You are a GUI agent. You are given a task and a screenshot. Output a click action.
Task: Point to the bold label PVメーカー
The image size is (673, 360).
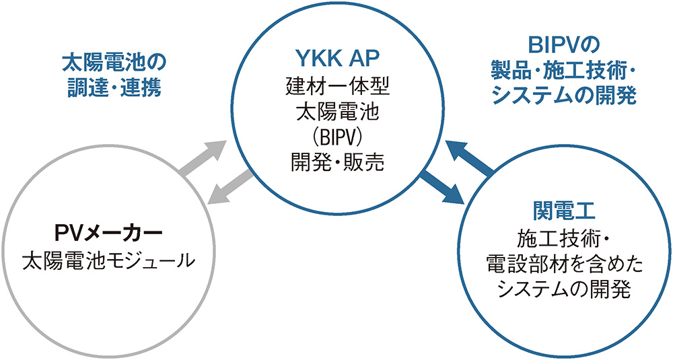pos(108,233)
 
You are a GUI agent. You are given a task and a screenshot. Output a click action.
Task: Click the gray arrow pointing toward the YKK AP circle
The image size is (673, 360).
pos(204,158)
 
